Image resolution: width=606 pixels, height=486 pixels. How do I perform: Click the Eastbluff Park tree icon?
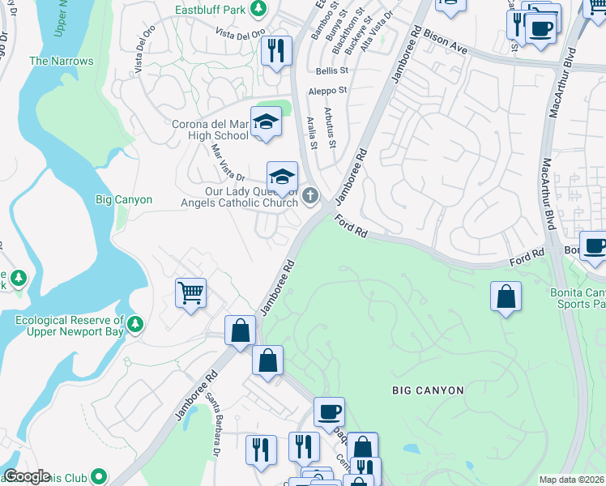tap(258, 9)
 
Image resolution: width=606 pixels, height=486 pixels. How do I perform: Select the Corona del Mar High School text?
tap(209, 130)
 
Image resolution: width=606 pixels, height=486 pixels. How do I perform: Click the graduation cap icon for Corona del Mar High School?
tap(265, 122)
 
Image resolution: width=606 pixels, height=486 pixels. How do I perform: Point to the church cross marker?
tap(309, 196)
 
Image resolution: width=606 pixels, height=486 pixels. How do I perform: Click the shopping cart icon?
tap(190, 292)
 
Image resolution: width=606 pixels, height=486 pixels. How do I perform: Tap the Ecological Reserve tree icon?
tap(135, 325)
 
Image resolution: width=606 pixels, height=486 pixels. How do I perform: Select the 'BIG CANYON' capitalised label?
tap(428, 390)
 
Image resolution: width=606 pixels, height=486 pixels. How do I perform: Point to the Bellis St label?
tap(331, 71)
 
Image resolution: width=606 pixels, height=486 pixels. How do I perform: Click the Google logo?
tap(27, 476)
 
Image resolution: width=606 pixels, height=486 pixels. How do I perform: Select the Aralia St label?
tap(311, 133)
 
